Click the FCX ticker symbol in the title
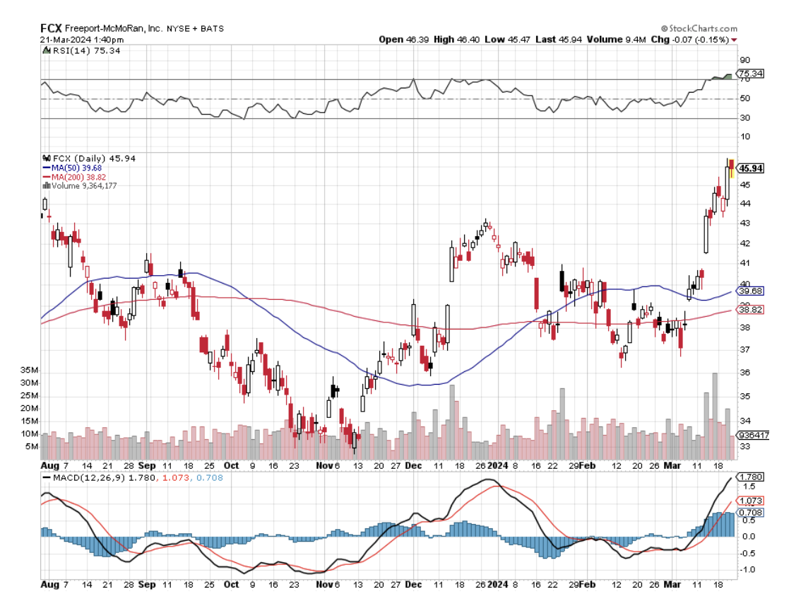pos(51,28)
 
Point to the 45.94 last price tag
pos(751,168)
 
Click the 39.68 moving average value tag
pos(749,291)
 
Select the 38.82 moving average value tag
pos(749,310)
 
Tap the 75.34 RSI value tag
pos(749,74)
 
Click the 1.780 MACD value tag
pos(749,477)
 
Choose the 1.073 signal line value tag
pos(749,501)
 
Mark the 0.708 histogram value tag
pos(749,513)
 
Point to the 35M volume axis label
pos(29,371)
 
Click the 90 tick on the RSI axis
pos(744,61)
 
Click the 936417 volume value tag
pos(752,436)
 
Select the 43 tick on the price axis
pos(744,223)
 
